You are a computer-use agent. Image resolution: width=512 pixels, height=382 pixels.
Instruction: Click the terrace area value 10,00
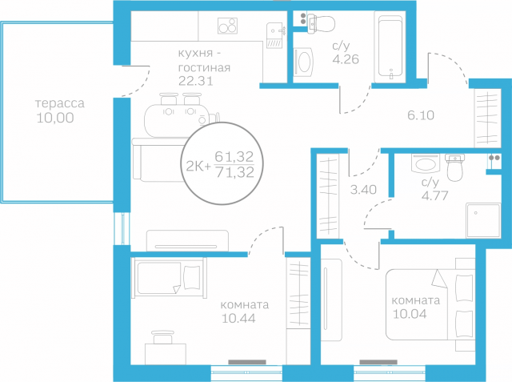click(55, 118)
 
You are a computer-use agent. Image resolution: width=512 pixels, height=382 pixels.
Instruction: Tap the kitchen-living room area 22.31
click(195, 81)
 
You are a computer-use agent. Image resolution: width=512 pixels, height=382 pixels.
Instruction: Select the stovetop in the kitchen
click(227, 26)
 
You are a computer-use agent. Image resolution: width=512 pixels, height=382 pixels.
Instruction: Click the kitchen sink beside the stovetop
click(274, 35)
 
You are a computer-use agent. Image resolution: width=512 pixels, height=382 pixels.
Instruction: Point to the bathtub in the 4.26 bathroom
click(390, 46)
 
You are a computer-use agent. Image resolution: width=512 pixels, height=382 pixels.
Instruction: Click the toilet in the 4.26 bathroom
click(322, 23)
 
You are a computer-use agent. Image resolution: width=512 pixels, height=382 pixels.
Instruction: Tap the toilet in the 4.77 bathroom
click(454, 167)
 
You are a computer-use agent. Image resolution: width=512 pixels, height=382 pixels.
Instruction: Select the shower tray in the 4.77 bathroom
click(483, 220)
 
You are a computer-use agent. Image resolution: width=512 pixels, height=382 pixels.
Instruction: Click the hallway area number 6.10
click(421, 115)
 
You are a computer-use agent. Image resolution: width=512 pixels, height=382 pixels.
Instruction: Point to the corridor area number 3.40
click(363, 190)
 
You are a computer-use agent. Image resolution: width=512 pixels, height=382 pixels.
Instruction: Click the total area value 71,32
click(235, 172)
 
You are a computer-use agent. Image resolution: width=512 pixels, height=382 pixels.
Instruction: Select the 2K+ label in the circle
click(198, 167)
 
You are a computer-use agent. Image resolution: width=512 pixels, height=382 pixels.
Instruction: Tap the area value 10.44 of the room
click(238, 318)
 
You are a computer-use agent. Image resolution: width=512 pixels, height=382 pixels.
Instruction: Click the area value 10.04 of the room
click(410, 314)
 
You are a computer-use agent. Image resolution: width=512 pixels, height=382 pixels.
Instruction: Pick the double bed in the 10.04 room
click(430, 304)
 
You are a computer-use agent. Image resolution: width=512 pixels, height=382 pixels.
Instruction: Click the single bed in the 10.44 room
click(169, 278)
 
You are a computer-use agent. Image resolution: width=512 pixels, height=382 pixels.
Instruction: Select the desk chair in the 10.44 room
click(163, 337)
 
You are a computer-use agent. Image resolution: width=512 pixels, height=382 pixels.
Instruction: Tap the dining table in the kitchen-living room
click(176, 120)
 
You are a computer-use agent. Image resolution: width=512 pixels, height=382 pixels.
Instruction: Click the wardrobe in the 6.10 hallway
click(487, 118)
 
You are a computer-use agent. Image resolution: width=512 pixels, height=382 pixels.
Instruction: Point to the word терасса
click(60, 103)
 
